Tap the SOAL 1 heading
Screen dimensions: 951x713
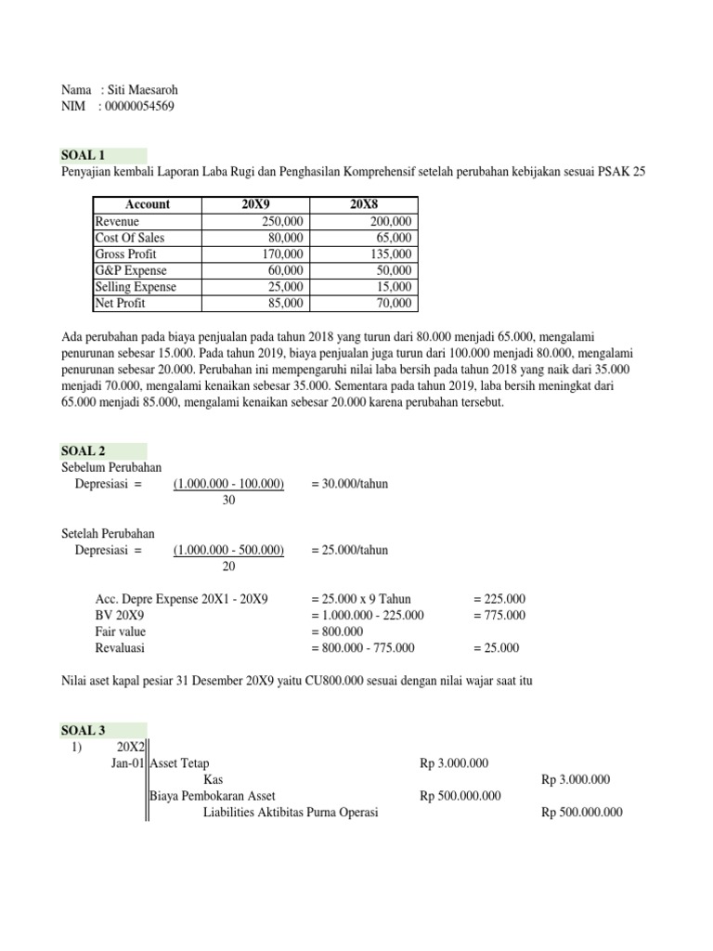pos(84,155)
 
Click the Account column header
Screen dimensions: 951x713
pos(147,204)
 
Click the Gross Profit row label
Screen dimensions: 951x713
pos(127,254)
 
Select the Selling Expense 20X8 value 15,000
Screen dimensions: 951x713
pos(395,286)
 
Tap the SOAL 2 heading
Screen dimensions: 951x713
pos(84,449)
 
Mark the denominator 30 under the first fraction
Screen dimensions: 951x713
pos(229,500)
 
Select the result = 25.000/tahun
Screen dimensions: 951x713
pos(350,550)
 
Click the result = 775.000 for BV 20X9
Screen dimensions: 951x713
pos(499,615)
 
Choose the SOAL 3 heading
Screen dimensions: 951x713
pos(84,730)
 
